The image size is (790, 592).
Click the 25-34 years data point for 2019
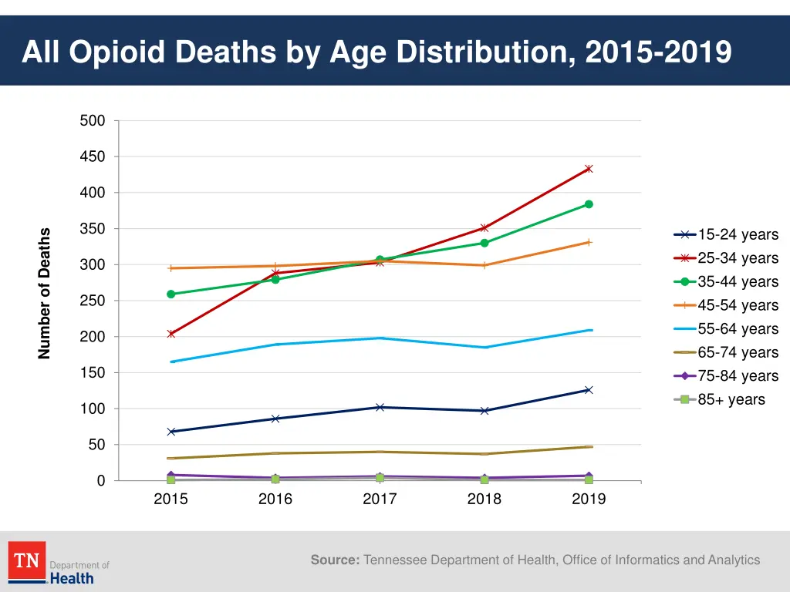pyautogui.click(x=589, y=169)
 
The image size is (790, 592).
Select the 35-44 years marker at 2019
pyautogui.click(x=589, y=204)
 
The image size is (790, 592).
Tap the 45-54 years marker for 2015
pyautogui.click(x=170, y=268)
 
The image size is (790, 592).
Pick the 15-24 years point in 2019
pyautogui.click(x=589, y=390)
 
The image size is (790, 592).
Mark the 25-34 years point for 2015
pyautogui.click(x=170, y=334)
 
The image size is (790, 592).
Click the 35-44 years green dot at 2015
pyautogui.click(x=170, y=294)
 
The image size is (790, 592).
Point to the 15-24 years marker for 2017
pyautogui.click(x=380, y=407)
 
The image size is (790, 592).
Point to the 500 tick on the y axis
pyautogui.click(x=93, y=121)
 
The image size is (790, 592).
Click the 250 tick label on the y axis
pyautogui.click(x=93, y=301)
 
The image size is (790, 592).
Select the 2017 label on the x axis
pyautogui.click(x=380, y=499)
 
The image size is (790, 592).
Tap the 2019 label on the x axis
pyautogui.click(x=589, y=499)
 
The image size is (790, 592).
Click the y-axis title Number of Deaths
pyautogui.click(x=45, y=293)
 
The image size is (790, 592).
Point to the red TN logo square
pyautogui.click(x=27, y=560)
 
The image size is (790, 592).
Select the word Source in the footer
pyautogui.click(x=335, y=560)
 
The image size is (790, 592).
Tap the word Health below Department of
pyautogui.click(x=72, y=578)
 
